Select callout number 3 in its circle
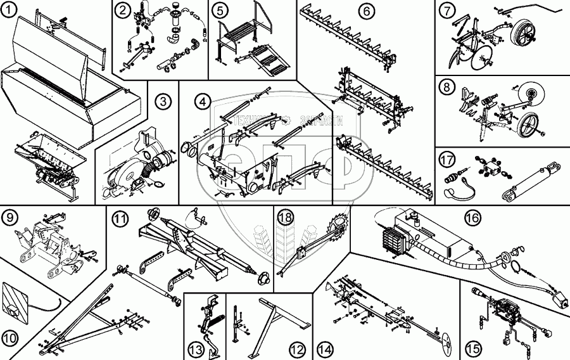click(163, 101)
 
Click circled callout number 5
click(220, 10)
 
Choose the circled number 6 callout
click(365, 10)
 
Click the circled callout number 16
click(471, 217)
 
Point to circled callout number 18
click(286, 217)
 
